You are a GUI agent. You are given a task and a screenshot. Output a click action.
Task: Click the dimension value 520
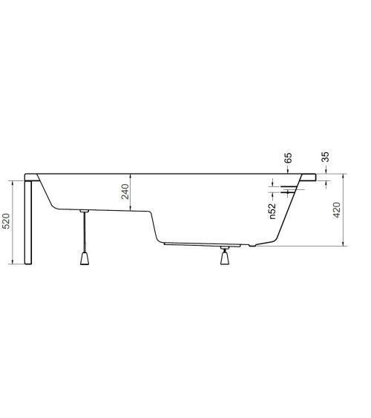[7, 221]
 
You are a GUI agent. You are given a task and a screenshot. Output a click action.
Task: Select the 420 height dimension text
[336, 211]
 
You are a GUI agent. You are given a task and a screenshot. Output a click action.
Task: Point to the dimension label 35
[325, 157]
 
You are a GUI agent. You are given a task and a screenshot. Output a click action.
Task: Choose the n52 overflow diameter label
[272, 211]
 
